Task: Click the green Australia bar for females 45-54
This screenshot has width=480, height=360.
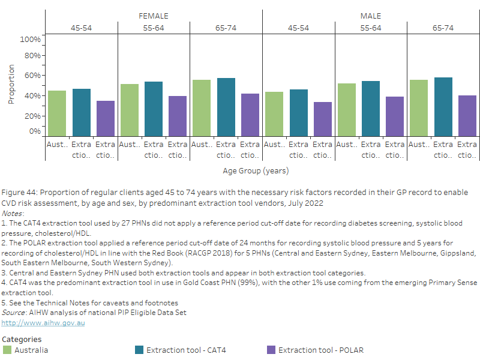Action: coord(57,113)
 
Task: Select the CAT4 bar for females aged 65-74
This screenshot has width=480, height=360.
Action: coord(226,107)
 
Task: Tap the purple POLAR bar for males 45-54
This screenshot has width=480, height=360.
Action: coord(323,119)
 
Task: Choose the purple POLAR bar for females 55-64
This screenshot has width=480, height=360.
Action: coord(178,116)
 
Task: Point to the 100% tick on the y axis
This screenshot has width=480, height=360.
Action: coord(30,40)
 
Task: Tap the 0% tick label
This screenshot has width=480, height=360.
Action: coord(35,131)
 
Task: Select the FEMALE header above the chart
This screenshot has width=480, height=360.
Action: coord(154,16)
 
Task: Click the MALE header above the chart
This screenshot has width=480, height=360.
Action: coord(371,16)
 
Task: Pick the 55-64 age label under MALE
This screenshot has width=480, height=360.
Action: coord(371,28)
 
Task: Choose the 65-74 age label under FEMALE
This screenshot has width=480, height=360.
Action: coord(226,28)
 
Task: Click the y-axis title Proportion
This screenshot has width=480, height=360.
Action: coord(11,85)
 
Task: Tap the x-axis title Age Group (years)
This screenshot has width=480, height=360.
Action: coord(256,171)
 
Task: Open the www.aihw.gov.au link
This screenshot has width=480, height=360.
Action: coord(43,323)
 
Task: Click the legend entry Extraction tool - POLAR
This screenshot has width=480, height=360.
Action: coord(320,350)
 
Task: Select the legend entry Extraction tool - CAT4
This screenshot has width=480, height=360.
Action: coord(186,350)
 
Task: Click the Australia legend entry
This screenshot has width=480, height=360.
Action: coord(31,350)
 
